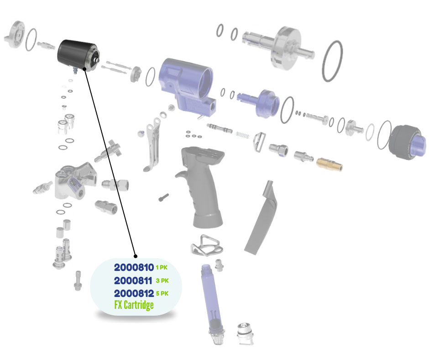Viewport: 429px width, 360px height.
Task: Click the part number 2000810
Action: (x=134, y=267)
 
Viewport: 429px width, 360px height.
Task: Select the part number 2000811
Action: (x=133, y=281)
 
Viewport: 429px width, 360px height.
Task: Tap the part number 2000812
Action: (x=134, y=293)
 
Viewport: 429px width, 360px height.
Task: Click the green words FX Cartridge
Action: (x=134, y=305)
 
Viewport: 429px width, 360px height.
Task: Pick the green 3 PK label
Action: (x=162, y=281)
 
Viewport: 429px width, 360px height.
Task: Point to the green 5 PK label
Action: (x=162, y=293)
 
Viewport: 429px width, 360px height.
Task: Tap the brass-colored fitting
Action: (x=330, y=164)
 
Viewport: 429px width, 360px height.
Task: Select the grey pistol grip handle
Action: (x=201, y=187)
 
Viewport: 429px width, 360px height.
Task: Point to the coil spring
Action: (x=242, y=135)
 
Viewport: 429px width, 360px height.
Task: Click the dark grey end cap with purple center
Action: (x=407, y=142)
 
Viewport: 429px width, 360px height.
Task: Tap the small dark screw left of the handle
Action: (x=163, y=197)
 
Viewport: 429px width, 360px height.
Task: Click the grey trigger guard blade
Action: (x=262, y=218)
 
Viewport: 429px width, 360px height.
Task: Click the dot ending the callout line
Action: (x=136, y=256)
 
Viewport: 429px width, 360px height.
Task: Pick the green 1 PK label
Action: (x=162, y=267)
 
